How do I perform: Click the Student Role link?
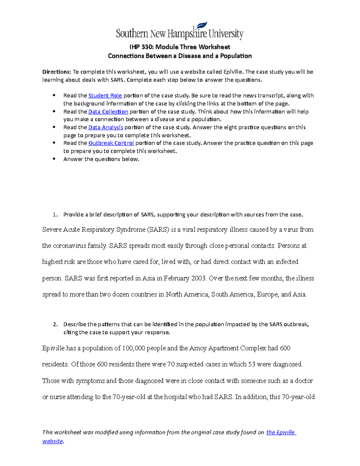pyautogui.click(x=105, y=96)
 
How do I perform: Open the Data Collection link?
pyautogui.click(x=108, y=112)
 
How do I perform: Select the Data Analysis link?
pyautogui.click(x=106, y=128)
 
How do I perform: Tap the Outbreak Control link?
pyautogui.click(x=111, y=143)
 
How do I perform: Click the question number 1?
pyautogui.click(x=55, y=215)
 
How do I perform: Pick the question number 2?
pyautogui.click(x=55, y=324)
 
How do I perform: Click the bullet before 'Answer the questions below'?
pyautogui.click(x=54, y=159)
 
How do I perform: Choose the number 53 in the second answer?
pyautogui.click(x=251, y=365)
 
